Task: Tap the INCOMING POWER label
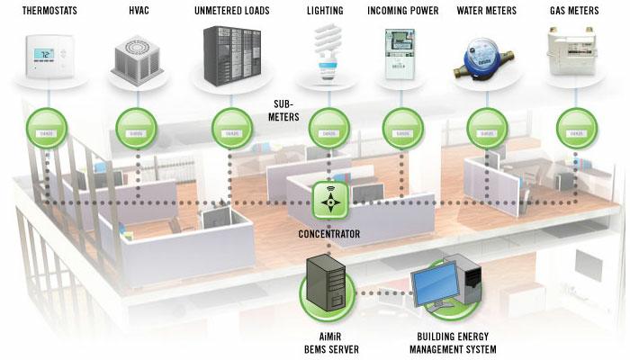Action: coord(402,10)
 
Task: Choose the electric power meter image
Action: coord(400,56)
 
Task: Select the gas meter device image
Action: coord(574,54)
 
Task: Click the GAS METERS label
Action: coord(574,10)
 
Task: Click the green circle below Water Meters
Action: coord(487,129)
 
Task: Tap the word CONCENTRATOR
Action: coord(328,234)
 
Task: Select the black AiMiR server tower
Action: coord(325,283)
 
